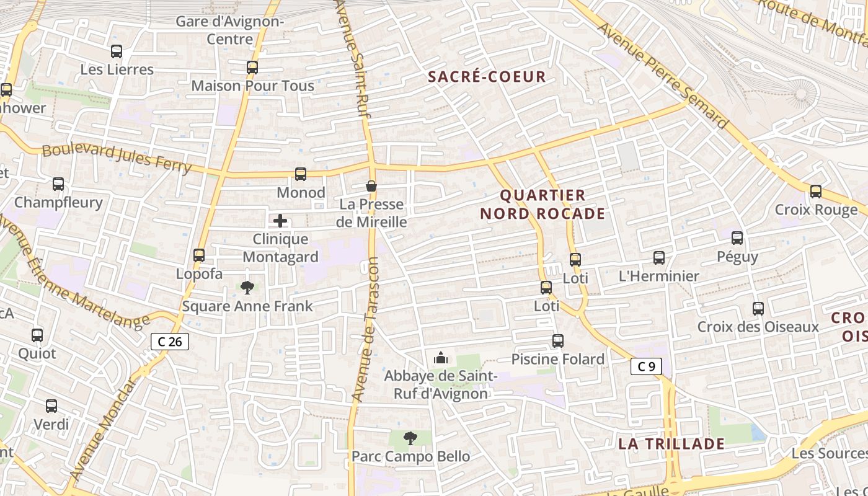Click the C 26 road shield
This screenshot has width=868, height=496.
click(170, 341)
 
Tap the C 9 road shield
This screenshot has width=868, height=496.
click(646, 366)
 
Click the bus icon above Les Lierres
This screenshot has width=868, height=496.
click(117, 51)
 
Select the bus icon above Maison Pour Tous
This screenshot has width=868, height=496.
click(252, 68)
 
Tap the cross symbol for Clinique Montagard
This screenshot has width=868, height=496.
click(280, 221)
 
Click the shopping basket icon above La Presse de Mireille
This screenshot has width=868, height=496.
click(371, 186)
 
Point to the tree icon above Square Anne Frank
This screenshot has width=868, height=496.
click(247, 287)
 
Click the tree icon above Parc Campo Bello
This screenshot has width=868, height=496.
click(410, 438)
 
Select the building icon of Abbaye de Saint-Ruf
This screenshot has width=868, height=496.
click(441, 358)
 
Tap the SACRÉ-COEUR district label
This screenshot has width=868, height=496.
click(487, 77)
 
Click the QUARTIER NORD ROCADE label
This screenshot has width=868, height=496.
click(542, 205)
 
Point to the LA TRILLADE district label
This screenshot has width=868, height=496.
click(671, 444)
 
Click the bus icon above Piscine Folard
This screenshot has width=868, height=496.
click(557, 340)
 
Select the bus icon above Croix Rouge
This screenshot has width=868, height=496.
click(815, 192)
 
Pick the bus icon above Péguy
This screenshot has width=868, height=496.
click(737, 237)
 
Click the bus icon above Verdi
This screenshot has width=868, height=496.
click(51, 406)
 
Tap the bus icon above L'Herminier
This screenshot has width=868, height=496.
click(658, 257)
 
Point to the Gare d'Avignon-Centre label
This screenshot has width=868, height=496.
click(229, 30)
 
